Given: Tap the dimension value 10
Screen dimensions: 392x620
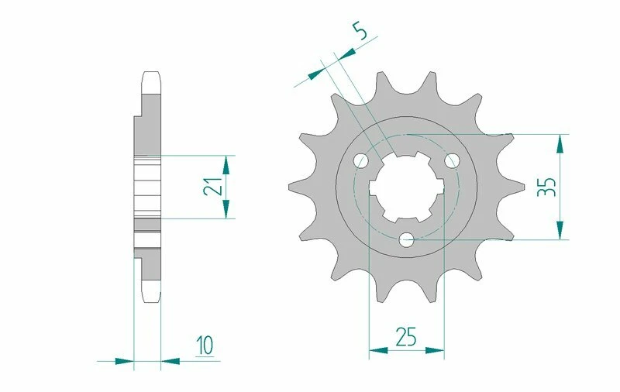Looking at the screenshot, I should click(x=205, y=343).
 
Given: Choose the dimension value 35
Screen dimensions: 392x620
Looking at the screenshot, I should click(x=547, y=187).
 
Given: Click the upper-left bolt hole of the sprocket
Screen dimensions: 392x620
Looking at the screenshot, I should click(x=360, y=160).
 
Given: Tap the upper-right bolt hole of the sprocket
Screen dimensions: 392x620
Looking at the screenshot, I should click(x=453, y=160).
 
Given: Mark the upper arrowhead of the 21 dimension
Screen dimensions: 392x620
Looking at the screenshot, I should click(x=227, y=163).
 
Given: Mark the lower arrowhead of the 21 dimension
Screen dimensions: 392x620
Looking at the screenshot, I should click(x=227, y=210).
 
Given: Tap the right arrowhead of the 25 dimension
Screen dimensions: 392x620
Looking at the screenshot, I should click(x=436, y=351).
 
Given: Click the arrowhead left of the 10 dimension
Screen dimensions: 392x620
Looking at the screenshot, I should click(x=124, y=360).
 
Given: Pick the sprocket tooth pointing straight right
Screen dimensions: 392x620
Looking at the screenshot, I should click(x=517, y=187).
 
